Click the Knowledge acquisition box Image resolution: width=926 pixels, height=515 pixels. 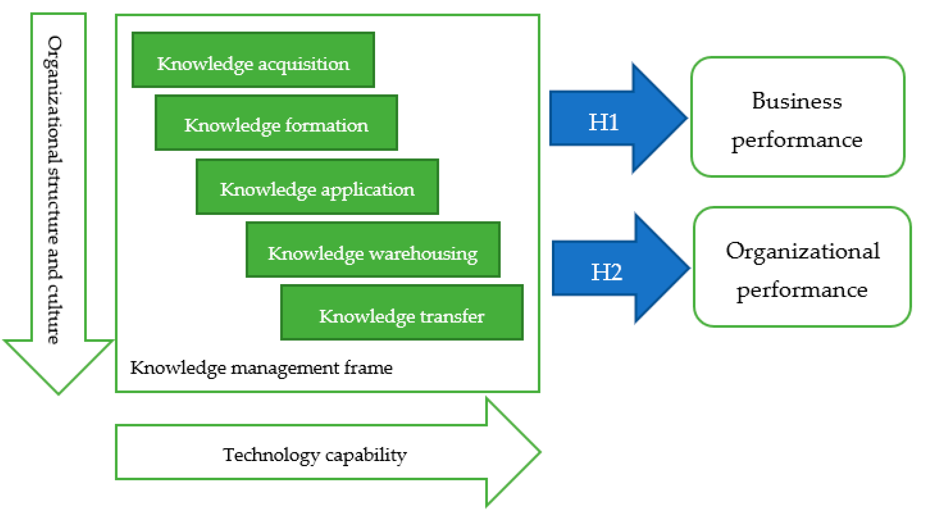[x=253, y=60]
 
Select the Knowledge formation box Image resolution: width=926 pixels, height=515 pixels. [x=276, y=123]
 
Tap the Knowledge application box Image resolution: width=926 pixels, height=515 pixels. [x=317, y=186]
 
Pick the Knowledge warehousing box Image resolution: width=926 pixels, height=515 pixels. [x=373, y=249]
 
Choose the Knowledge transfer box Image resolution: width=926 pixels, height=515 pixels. [x=401, y=312]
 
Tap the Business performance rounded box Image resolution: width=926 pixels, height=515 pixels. [x=797, y=117]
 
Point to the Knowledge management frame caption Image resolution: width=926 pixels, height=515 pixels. [x=261, y=368]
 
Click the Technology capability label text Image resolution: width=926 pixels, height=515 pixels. [x=315, y=455]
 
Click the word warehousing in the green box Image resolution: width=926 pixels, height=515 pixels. [x=423, y=254]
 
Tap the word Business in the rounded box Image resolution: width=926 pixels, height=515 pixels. [x=797, y=101]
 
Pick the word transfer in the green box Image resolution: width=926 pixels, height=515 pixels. [x=452, y=316]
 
